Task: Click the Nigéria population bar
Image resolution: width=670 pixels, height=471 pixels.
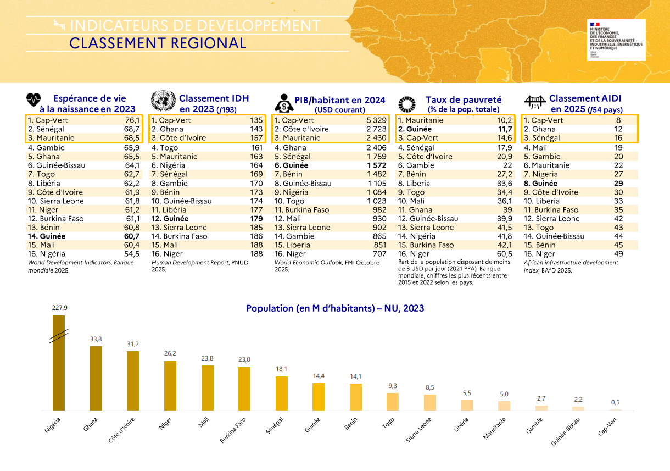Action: tap(59, 363)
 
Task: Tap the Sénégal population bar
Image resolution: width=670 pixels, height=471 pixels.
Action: tap(282, 393)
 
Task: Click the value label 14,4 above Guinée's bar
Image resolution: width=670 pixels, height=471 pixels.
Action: tap(319, 376)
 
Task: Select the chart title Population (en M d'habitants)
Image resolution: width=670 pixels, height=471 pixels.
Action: tap(335, 308)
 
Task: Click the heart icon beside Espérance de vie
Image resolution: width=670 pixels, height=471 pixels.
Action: tap(34, 101)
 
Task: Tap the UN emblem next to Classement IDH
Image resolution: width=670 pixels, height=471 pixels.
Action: tap(163, 102)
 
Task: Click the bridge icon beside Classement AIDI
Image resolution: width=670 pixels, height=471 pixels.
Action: tap(534, 102)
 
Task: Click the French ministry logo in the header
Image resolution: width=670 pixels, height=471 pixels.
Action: tap(615, 40)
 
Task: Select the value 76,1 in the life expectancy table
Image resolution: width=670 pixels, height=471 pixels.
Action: tap(132, 120)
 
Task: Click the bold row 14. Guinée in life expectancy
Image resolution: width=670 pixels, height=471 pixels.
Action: tap(47, 236)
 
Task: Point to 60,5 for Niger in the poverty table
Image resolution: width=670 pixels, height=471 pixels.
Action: tap(504, 254)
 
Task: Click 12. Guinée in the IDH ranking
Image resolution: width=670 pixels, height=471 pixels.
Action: tap(170, 219)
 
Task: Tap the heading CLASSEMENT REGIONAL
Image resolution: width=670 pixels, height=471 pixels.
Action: tap(158, 43)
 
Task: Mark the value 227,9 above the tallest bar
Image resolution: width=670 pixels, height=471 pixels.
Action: tap(59, 308)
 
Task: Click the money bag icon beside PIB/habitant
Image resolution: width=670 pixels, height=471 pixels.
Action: tap(284, 103)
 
